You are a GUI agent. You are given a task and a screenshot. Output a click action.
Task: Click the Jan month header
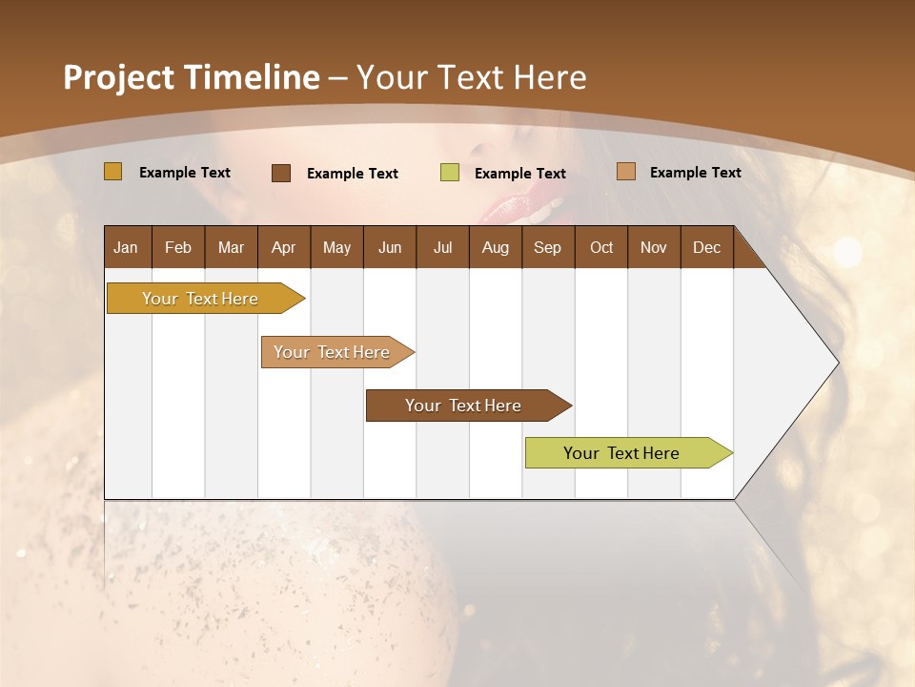tap(126, 247)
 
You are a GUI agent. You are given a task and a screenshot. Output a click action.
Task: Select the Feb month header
tap(178, 247)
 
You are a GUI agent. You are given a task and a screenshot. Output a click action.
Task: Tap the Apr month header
tap(284, 247)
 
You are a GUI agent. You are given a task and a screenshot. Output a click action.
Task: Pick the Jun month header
tap(390, 247)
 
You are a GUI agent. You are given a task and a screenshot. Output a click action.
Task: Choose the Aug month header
tap(496, 247)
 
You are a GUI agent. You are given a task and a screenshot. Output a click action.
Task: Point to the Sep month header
tap(548, 247)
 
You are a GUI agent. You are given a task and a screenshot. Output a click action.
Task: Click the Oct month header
tap(601, 247)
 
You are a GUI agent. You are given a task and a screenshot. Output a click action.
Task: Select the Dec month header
tap(707, 247)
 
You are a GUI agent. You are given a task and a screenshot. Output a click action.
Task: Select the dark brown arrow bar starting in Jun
tap(464, 406)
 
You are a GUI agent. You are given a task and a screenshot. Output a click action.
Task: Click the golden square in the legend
tap(113, 172)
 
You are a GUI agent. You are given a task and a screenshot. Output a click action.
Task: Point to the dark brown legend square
tap(281, 173)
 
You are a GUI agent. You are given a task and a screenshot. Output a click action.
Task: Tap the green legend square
tap(450, 173)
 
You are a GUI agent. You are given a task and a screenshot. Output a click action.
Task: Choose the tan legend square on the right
tap(626, 172)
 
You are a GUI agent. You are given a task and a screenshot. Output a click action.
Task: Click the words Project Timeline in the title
tap(191, 77)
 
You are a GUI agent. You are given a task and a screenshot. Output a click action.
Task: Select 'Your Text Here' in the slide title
tap(471, 77)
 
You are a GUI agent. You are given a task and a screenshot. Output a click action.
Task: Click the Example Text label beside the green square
tap(520, 173)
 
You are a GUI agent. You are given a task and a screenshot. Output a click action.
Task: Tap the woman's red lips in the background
tap(524, 203)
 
